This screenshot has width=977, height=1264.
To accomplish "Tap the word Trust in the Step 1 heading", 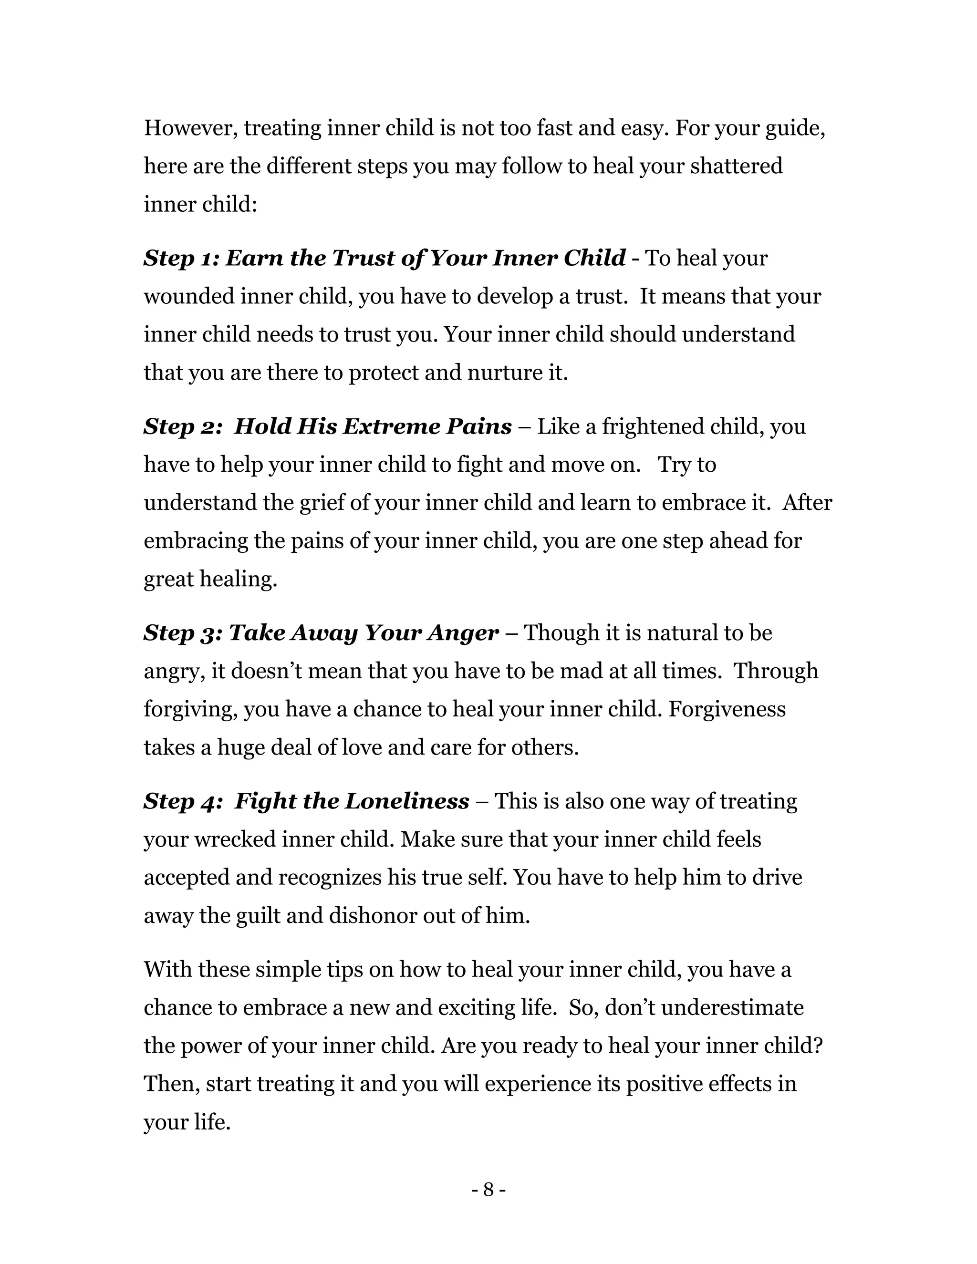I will [364, 258].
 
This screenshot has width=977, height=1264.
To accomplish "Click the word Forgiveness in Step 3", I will [727, 710].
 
